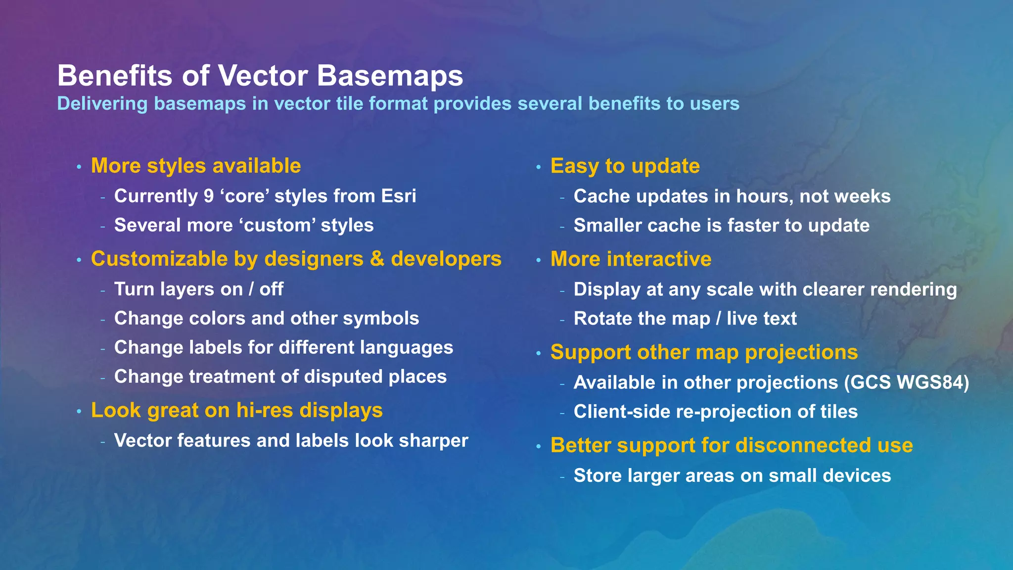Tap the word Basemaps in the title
[x=389, y=76]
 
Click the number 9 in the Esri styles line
[x=209, y=196]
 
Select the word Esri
[x=399, y=196]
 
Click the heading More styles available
[x=196, y=166]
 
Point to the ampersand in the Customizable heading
[x=377, y=259]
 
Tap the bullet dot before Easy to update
[x=539, y=167]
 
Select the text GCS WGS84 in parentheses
[x=907, y=382]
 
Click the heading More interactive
[x=631, y=259]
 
